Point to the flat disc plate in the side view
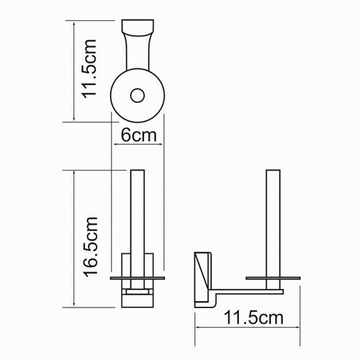[x=274, y=276]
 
